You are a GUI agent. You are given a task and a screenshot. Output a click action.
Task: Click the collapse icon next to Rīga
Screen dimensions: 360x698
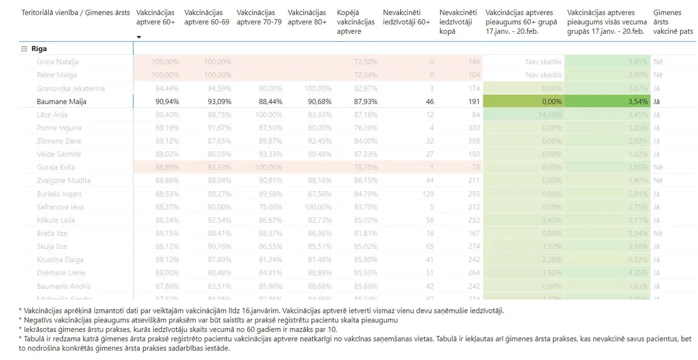pyautogui.click(x=24, y=49)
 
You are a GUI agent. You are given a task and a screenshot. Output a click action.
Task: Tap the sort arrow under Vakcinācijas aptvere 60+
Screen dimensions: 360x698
pyautogui.click(x=139, y=37)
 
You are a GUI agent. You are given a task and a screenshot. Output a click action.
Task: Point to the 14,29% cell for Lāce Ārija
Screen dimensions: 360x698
pyautogui.click(x=550, y=115)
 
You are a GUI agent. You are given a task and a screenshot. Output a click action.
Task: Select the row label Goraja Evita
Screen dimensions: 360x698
pyautogui.click(x=56, y=167)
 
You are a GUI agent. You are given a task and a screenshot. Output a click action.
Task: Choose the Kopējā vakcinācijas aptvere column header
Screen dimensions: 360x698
pyautogui.click(x=356, y=22)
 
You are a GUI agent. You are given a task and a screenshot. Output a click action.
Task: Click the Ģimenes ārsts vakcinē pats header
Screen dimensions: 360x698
pyautogui.click(x=674, y=22)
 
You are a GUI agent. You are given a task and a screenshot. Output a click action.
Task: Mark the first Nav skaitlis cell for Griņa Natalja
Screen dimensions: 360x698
pyautogui.click(x=543, y=62)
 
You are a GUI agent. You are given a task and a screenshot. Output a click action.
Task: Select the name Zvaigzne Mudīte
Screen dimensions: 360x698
pyautogui.click(x=63, y=180)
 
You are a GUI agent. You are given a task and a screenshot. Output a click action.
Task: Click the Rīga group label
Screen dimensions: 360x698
pyautogui.click(x=39, y=49)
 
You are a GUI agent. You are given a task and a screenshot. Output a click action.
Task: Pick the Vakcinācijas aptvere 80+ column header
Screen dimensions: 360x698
pyautogui.click(x=307, y=17)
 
